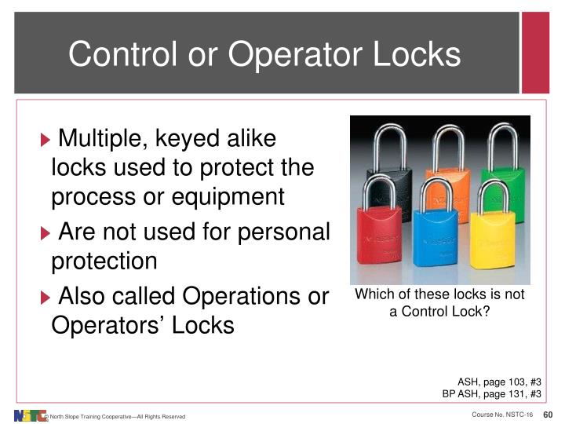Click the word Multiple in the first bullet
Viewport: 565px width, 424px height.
coord(107,140)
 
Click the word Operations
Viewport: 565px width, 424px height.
coord(236,297)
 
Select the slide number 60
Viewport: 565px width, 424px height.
coord(549,415)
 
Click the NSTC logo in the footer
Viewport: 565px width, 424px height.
coord(28,415)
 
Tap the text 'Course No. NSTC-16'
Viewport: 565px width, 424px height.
coord(501,415)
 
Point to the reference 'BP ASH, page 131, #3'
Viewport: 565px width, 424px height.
coord(491,394)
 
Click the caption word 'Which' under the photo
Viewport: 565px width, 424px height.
coord(374,295)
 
